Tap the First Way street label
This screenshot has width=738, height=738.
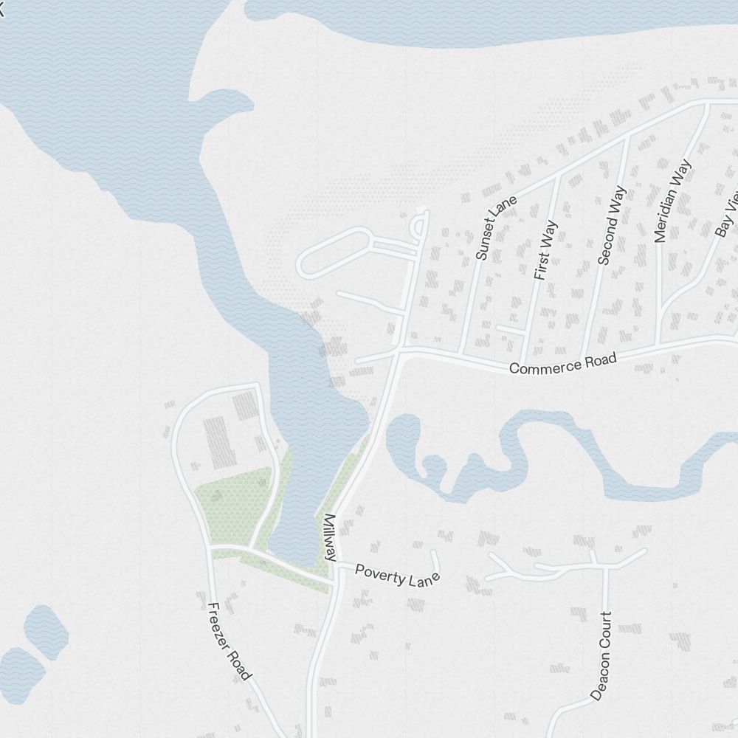(x=545, y=249)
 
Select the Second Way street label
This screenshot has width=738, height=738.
(x=613, y=225)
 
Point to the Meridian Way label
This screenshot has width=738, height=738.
(x=672, y=200)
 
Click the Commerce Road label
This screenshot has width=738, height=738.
(x=562, y=363)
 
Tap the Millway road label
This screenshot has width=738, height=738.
(x=330, y=537)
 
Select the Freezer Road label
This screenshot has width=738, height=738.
(x=230, y=641)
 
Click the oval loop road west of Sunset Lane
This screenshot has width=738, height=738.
(x=334, y=253)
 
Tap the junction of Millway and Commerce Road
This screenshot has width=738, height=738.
(x=399, y=352)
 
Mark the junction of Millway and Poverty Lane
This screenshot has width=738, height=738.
(x=337, y=568)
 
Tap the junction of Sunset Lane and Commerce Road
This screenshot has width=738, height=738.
(x=461, y=352)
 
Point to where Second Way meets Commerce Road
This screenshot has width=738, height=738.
(x=583, y=356)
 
